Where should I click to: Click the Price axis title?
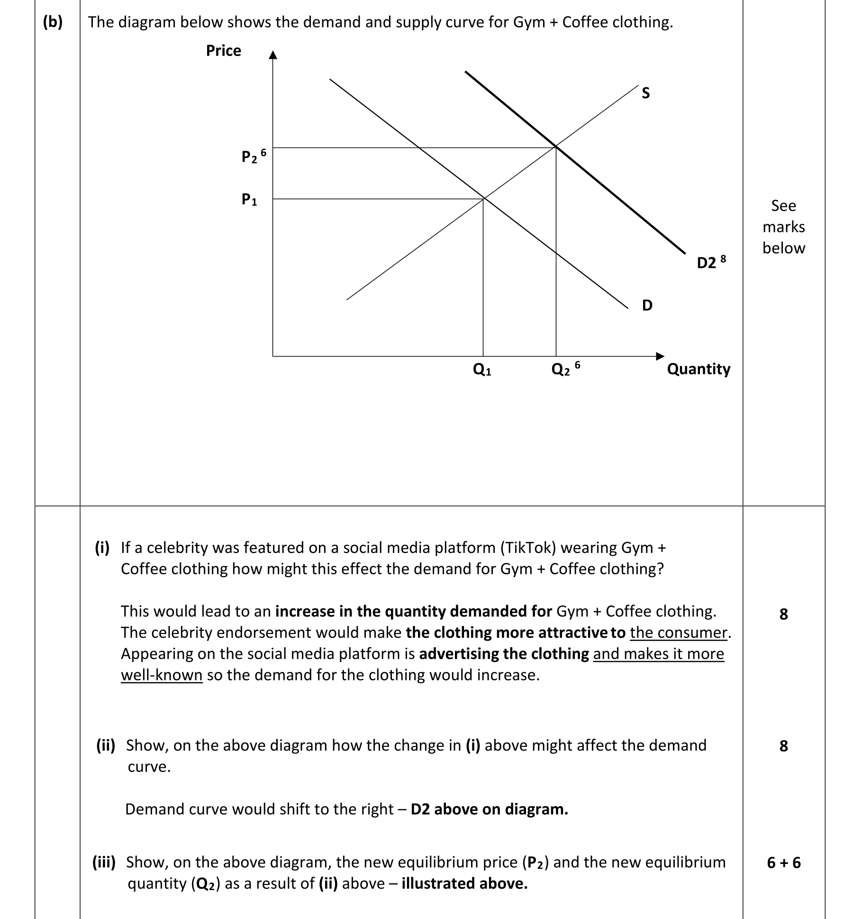click(x=223, y=51)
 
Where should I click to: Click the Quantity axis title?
click(x=699, y=369)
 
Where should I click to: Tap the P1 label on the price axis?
click(x=249, y=199)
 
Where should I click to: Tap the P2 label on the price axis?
click(x=250, y=156)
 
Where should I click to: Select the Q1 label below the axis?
click(x=482, y=369)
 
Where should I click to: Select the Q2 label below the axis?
click(x=561, y=369)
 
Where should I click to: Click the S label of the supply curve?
click(x=646, y=93)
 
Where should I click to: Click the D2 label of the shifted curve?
click(x=707, y=263)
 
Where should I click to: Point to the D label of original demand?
click(x=647, y=305)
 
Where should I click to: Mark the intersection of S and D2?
click(x=556, y=147)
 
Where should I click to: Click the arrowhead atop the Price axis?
click(x=272, y=55)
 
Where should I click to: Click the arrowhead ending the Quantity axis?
click(x=660, y=356)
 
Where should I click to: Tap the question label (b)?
click(x=53, y=22)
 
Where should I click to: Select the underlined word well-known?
click(x=162, y=675)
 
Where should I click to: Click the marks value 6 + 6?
click(x=783, y=863)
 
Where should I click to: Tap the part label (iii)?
click(x=104, y=862)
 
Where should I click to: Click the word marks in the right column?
click(x=783, y=227)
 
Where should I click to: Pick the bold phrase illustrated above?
click(x=464, y=883)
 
